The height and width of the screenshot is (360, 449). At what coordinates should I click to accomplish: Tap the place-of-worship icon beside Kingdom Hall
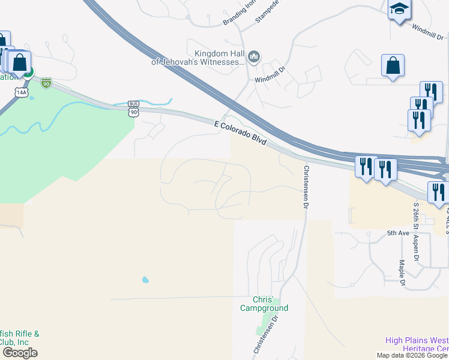[x=253, y=57]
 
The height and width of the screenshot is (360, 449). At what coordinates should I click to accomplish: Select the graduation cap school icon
[x=399, y=10]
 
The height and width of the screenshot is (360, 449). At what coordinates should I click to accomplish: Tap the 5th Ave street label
[x=397, y=233]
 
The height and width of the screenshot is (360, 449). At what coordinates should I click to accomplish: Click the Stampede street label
[x=268, y=12]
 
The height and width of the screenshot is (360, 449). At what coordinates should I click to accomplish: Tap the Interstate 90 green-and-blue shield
[x=46, y=83]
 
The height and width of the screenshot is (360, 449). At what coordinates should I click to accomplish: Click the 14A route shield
[x=22, y=92]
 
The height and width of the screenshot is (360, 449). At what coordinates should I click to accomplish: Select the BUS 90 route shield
[x=133, y=109]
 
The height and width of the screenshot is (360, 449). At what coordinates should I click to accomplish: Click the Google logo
[x=20, y=353]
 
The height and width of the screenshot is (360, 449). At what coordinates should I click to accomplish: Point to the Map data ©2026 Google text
[x=412, y=355]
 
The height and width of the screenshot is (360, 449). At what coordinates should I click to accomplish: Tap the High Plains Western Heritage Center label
[x=417, y=344]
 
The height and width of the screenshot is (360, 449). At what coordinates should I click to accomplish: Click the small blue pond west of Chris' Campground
[x=145, y=280]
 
